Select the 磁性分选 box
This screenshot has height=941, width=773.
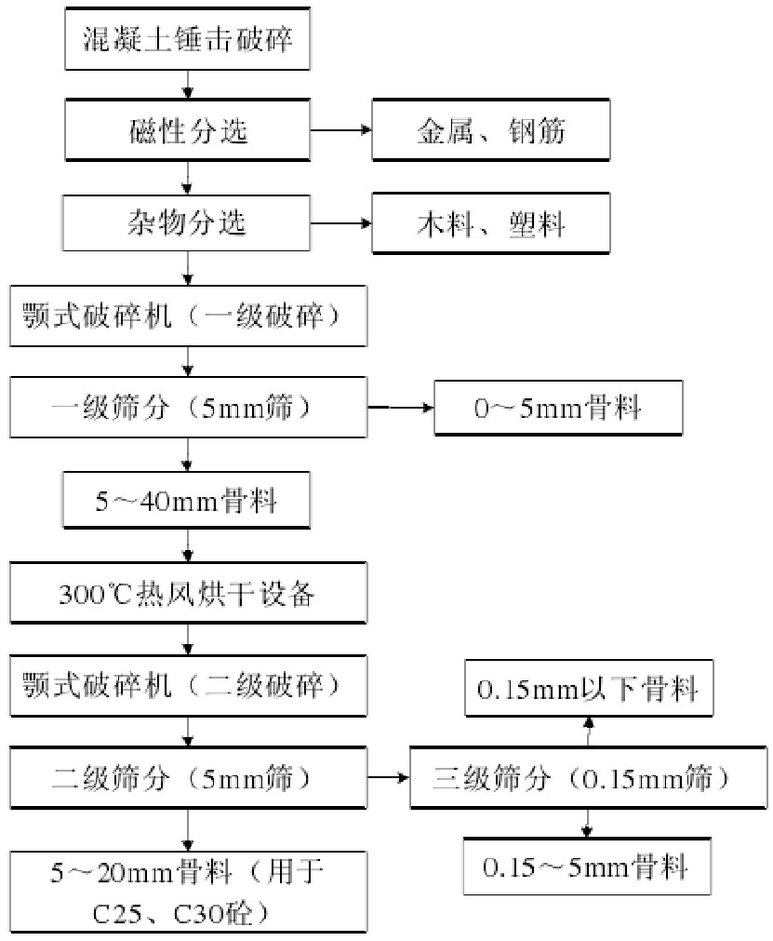click(188, 130)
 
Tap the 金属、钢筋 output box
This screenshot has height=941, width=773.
click(490, 130)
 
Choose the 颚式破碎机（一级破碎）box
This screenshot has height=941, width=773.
click(188, 316)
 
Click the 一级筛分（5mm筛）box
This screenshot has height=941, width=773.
click(188, 407)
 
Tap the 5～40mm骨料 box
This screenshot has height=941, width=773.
click(188, 500)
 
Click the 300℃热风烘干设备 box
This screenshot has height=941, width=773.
click(188, 592)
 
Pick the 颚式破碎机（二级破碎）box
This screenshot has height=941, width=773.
click(188, 684)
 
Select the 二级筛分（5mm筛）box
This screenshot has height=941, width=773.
click(188, 776)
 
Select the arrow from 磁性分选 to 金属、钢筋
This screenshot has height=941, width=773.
click(341, 130)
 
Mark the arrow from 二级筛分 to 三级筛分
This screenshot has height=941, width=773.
click(389, 776)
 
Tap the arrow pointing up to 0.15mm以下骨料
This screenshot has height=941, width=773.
click(588, 732)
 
